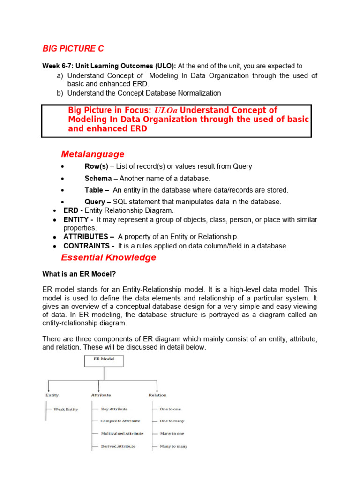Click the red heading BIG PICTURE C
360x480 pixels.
[73, 49]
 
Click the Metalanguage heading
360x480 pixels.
[93, 154]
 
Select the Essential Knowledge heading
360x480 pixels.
[109, 257]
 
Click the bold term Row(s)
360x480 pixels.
[96, 166]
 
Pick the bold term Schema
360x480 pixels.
[98, 179]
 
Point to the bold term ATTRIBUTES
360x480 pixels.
[89, 237]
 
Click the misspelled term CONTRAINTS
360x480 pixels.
[89, 246]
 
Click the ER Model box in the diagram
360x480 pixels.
[104, 360]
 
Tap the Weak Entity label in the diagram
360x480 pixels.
[66, 409]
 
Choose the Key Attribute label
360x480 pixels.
[114, 409]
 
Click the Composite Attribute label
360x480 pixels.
[121, 421]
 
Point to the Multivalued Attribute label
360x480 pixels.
[122, 434]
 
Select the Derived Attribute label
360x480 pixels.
[118, 446]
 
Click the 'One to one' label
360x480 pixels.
[170, 409]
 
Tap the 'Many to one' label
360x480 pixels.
[172, 434]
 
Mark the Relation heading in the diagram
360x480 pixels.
[157, 395]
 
